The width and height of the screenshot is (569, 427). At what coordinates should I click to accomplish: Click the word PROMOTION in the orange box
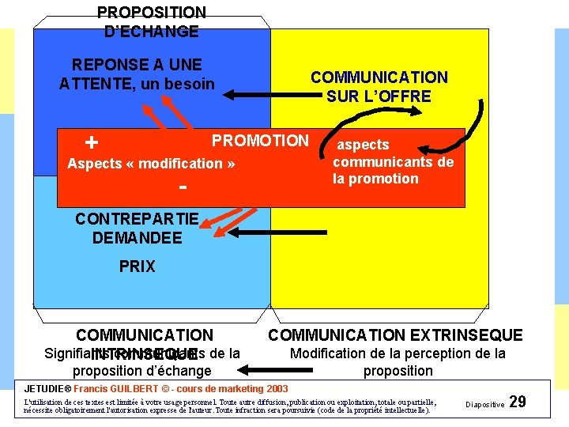coord(260,141)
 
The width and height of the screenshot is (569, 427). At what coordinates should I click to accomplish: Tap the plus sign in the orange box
coord(92,143)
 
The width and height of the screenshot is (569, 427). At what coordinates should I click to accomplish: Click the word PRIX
coord(138,266)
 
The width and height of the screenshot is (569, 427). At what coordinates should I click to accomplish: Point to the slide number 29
coord(518,402)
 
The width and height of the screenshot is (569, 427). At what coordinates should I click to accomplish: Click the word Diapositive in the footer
coord(485,404)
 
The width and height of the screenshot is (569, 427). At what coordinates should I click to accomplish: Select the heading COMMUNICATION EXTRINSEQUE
coord(396,335)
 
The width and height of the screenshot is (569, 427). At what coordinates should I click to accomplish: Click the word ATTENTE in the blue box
coord(91,83)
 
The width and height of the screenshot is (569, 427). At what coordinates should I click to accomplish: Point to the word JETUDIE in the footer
coord(47,389)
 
